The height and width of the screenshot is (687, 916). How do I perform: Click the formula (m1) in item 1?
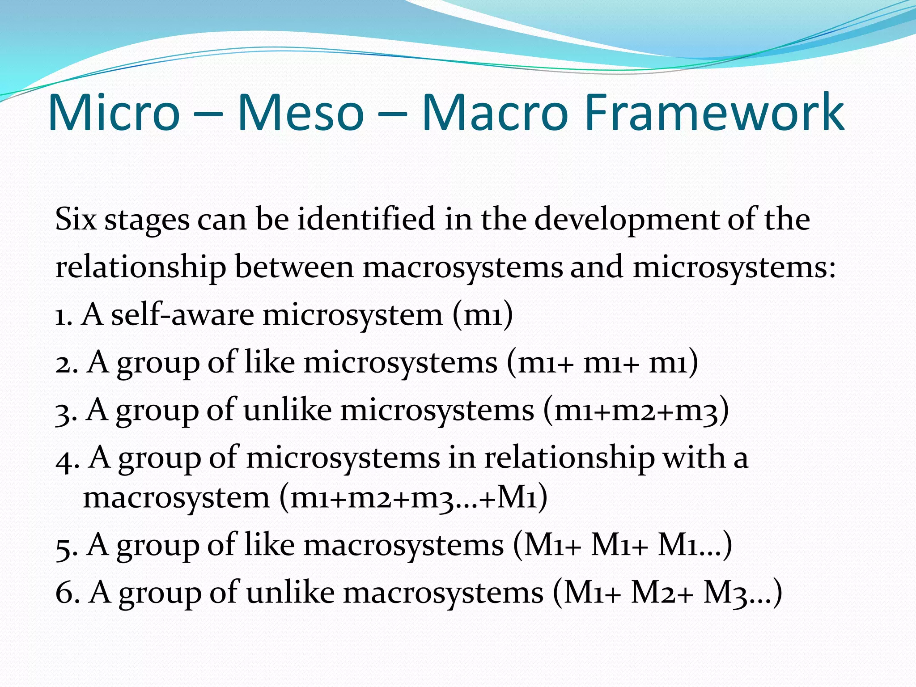[483, 315]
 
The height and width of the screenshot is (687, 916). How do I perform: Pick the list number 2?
[67, 363]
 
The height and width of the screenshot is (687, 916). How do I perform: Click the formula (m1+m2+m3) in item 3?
[636, 411]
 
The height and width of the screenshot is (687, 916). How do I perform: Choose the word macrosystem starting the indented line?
[176, 497]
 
